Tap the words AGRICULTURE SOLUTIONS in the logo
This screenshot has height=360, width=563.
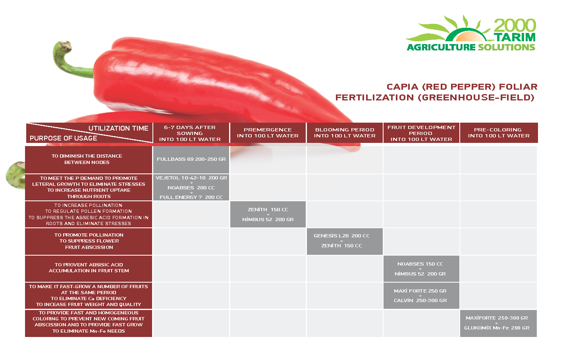coord(471,47)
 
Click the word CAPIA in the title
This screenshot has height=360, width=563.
coord(402,87)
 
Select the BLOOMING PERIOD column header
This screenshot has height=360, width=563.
coord(345,133)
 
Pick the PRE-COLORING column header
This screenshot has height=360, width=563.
coord(499,133)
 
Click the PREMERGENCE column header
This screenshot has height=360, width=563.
coord(268,133)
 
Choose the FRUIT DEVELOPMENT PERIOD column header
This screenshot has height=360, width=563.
coord(421,133)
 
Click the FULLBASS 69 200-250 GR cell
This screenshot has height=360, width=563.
coord(191,159)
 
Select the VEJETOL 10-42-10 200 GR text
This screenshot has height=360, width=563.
coord(191,178)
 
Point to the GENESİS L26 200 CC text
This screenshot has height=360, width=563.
coord(341,236)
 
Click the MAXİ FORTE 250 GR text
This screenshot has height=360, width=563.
coord(420,291)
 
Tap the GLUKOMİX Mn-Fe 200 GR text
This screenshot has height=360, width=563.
coord(497,328)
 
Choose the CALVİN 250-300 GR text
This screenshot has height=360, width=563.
coord(420,300)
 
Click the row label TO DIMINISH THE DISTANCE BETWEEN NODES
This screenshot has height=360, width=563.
coord(87,159)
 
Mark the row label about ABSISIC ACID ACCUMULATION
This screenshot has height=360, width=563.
coord(89,268)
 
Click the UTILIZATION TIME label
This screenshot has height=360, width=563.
coord(118,128)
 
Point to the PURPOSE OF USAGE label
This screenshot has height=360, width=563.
coord(64,138)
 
